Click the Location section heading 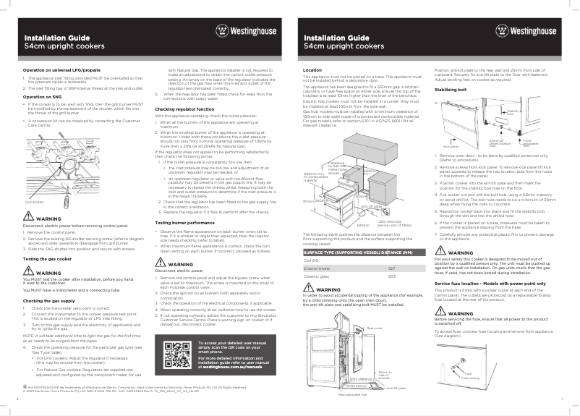click(312, 70)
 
